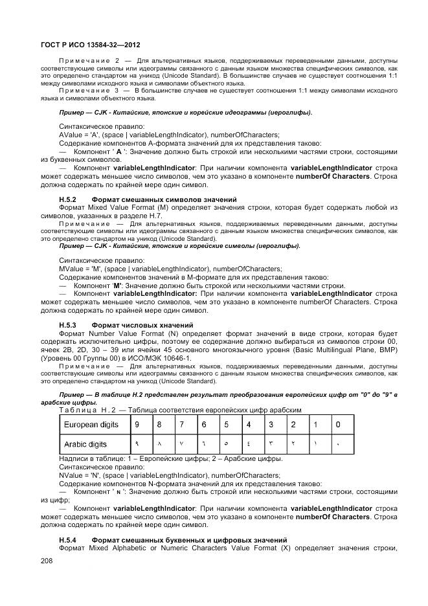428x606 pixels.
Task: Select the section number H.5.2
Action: (x=68, y=198)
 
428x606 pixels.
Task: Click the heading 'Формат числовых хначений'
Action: (x=142, y=324)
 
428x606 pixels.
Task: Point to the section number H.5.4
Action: (x=68, y=539)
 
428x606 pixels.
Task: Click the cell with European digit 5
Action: (x=226, y=424)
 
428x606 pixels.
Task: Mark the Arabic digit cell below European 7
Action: (x=181, y=445)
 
